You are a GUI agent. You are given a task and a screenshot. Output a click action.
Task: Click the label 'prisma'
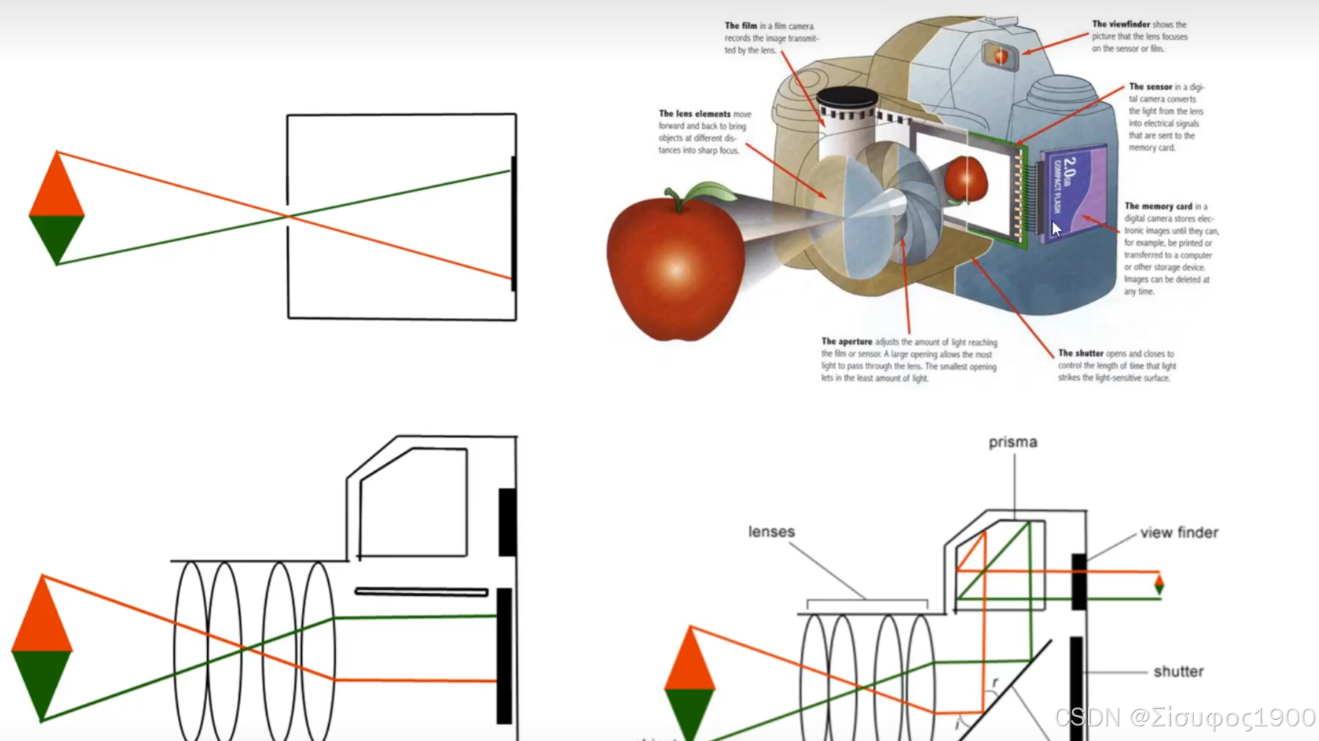[1012, 442]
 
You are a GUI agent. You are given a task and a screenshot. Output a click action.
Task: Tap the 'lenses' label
[771, 532]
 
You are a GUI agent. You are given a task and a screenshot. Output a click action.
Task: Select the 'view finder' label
[1178, 532]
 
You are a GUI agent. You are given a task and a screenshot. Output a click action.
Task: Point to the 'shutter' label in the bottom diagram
[1178, 671]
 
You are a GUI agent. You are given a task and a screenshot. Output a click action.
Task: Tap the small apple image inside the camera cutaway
[965, 179]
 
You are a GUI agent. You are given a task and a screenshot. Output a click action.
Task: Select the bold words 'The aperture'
[846, 341]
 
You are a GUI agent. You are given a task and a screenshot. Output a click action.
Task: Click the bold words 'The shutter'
[1081, 353]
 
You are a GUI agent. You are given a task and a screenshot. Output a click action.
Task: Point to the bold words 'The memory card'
[1158, 206]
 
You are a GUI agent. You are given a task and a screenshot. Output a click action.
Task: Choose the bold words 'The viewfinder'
[1121, 24]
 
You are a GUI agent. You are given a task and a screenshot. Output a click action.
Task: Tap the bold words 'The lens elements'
[693, 114]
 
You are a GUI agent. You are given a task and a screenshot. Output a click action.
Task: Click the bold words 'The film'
[740, 26]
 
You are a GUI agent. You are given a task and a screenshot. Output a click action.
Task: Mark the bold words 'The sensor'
[1150, 87]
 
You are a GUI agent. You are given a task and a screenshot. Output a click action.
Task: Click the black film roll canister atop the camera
[847, 99]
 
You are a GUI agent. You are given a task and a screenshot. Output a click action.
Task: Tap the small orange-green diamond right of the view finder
[1159, 584]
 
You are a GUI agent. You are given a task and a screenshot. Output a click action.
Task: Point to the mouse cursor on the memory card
[1056, 229]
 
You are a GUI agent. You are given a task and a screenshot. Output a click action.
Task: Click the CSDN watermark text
[1185, 718]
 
